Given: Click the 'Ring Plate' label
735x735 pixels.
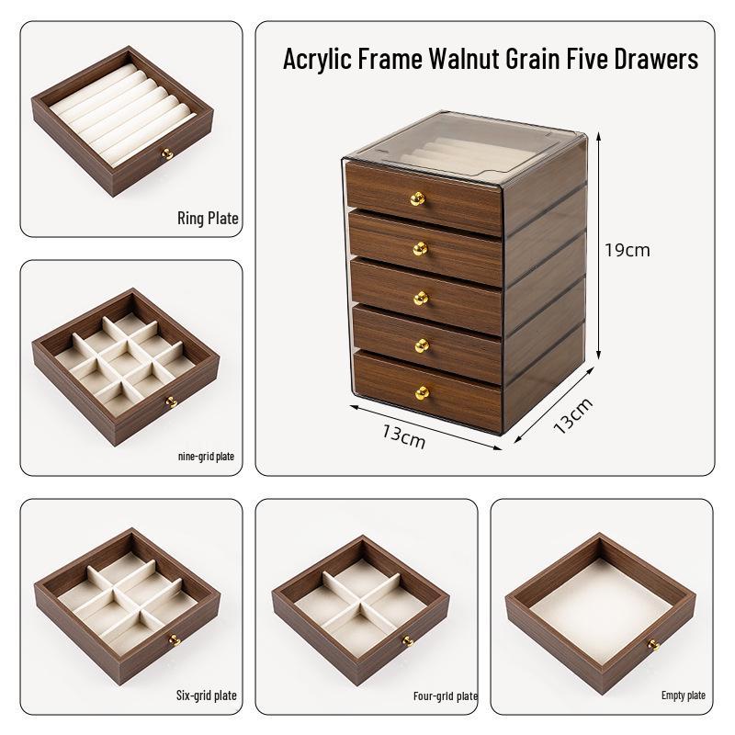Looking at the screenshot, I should point(208,219).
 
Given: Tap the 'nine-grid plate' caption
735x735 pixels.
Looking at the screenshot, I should point(205,456).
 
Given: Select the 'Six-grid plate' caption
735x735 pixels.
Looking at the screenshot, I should point(206,695).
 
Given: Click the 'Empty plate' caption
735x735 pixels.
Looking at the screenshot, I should point(683,695).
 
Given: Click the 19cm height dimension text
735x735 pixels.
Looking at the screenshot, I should point(627,250).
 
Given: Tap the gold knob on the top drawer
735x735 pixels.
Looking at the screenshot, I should point(417,198).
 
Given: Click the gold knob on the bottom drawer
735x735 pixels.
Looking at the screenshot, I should point(422,393).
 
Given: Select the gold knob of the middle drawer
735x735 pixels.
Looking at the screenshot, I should point(420,297).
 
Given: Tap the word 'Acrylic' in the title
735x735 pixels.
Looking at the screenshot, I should point(316,60).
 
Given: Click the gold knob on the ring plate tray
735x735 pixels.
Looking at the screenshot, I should point(167,154).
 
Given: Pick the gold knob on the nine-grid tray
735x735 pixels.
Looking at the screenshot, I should point(170,401).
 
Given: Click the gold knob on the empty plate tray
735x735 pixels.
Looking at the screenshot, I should point(653,645).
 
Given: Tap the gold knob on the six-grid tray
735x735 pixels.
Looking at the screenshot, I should point(172,640).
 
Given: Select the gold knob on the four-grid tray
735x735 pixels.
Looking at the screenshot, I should point(406,640).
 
